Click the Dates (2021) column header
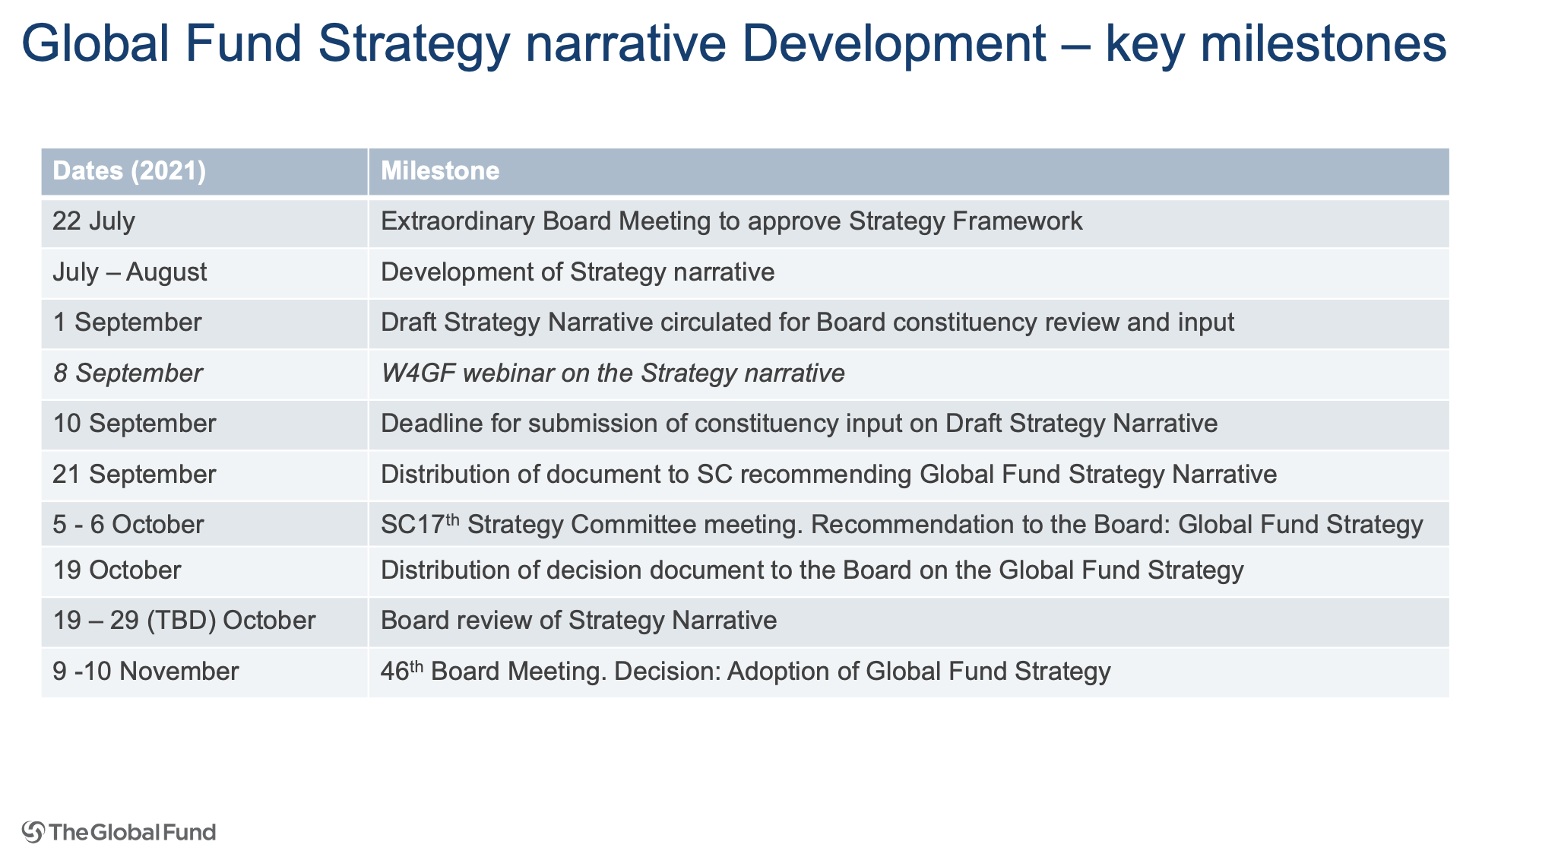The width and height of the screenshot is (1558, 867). (x=129, y=171)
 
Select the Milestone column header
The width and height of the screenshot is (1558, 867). (x=440, y=171)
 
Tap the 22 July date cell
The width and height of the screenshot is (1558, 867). (x=93, y=221)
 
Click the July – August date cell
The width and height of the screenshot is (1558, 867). (x=129, y=272)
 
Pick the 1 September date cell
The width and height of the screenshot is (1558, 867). (x=127, y=322)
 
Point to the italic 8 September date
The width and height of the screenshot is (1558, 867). (x=128, y=373)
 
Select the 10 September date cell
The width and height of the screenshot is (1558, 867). (x=134, y=424)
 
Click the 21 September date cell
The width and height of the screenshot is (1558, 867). (x=134, y=475)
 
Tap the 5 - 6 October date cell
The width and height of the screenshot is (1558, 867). (x=128, y=525)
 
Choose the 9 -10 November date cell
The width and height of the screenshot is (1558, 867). (x=145, y=672)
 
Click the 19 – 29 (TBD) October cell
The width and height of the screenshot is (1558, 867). (x=184, y=621)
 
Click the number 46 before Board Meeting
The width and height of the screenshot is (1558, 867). (x=395, y=672)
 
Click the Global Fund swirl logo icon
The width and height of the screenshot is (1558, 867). (x=33, y=832)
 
